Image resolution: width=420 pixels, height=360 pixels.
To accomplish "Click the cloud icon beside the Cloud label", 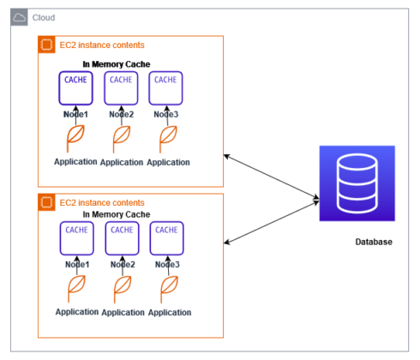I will (20, 17).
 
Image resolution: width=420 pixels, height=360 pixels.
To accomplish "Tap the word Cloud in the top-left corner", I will (44, 17).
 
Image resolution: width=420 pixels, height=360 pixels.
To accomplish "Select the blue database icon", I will (356, 183).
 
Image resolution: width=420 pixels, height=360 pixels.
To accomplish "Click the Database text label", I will (374, 243).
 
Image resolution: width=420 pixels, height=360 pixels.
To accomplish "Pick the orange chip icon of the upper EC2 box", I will (48, 45).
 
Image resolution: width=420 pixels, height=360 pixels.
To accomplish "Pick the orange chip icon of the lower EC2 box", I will (48, 203).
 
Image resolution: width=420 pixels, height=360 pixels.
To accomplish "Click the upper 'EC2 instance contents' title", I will (102, 45).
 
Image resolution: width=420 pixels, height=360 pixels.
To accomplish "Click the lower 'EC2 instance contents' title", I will (102, 203).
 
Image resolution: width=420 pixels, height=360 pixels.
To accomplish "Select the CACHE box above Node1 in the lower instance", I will (77, 237).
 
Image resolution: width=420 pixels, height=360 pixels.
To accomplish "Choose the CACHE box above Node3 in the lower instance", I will (167, 237).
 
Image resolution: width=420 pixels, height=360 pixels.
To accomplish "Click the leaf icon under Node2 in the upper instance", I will (121, 138).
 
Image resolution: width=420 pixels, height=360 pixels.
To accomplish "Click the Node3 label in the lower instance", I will (167, 265).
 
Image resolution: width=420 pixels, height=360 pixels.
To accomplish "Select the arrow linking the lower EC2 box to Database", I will (271, 222).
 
